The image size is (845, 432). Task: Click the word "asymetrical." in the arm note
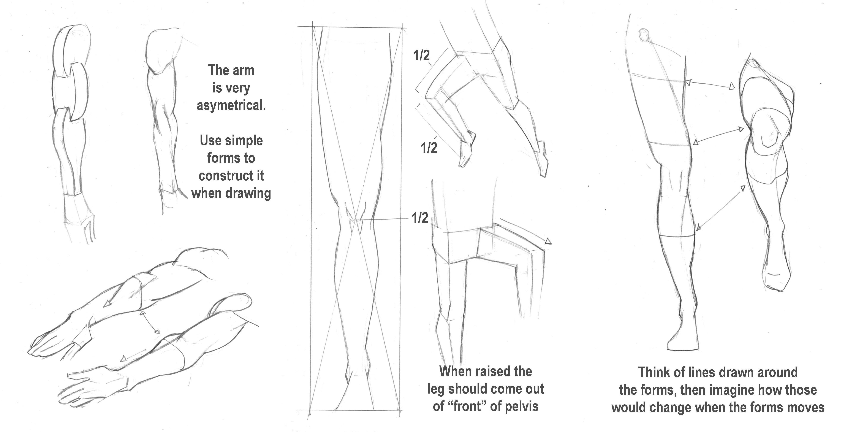point(231,106)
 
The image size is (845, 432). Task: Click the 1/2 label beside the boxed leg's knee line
point(420,218)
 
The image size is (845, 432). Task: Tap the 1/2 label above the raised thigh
point(421,56)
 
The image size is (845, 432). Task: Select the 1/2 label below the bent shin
point(429,148)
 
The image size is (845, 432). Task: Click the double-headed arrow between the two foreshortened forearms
point(150,323)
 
